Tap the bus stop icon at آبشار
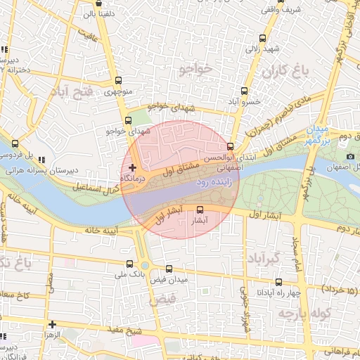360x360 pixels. (x=200, y=210)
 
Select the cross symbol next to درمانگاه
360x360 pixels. (x=132, y=167)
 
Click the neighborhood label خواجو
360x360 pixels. (x=195, y=69)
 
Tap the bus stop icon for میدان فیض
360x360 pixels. (x=168, y=269)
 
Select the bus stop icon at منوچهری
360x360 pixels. (x=117, y=80)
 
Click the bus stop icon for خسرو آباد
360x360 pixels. (x=244, y=91)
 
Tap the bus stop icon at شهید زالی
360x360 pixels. (x=262, y=39)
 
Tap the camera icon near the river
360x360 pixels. (x=350, y=156)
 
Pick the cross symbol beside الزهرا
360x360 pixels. (x=52, y=324)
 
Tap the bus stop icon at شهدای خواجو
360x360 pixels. (x=127, y=120)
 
